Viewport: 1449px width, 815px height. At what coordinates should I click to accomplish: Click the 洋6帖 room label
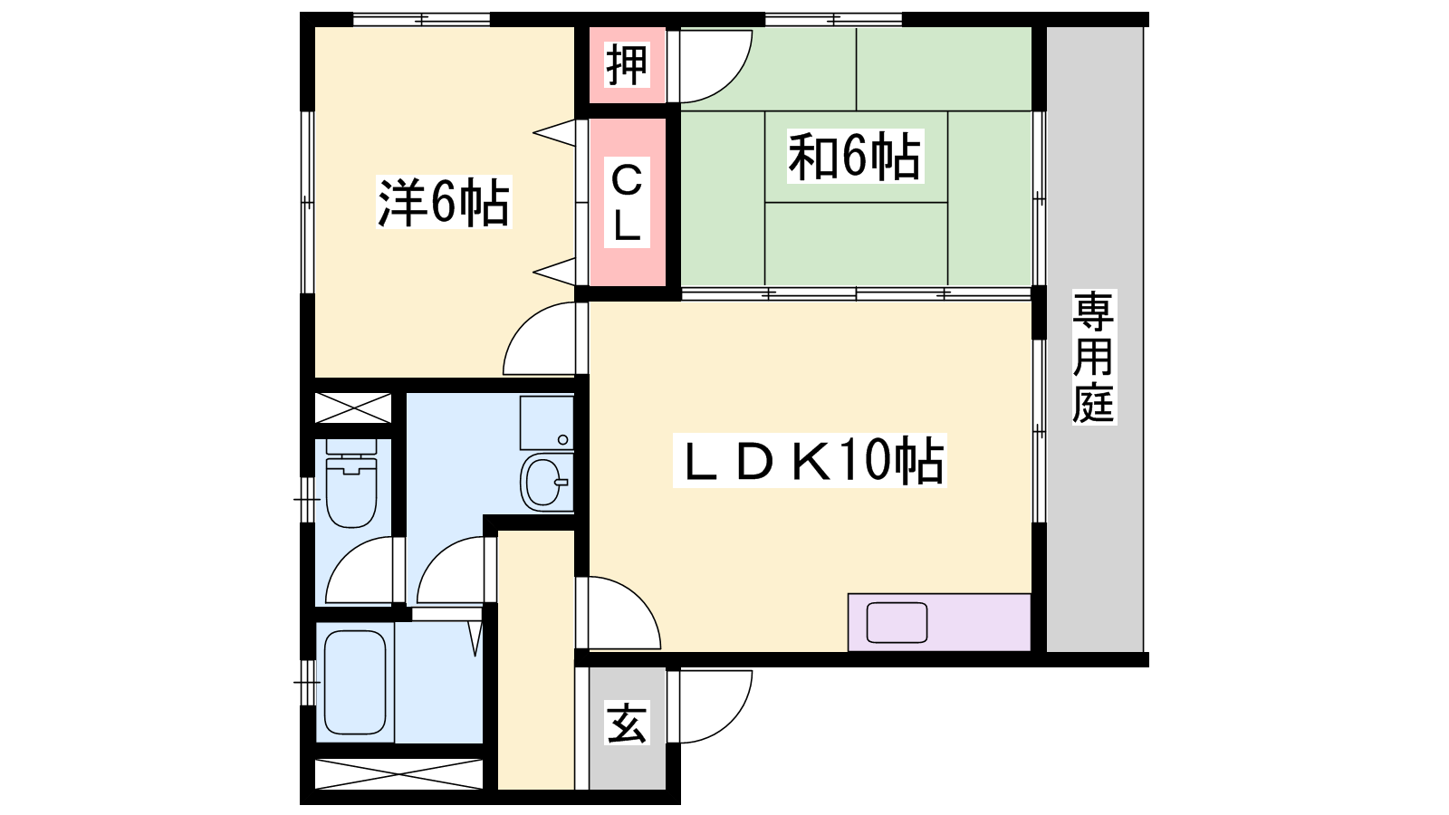pos(444,202)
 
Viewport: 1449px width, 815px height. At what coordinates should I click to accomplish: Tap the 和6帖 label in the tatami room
pos(855,156)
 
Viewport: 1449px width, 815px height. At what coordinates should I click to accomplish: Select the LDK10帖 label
pos(810,460)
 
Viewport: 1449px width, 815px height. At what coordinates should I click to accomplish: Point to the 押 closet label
pos(626,64)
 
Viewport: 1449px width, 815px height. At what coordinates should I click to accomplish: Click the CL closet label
pos(626,202)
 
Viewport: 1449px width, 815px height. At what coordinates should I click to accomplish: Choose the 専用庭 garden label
pos(1093,357)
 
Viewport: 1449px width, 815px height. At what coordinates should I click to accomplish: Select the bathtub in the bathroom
pos(355,683)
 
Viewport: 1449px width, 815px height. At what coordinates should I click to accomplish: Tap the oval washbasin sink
pos(547,482)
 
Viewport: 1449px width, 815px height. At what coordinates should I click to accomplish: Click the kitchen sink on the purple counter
pos(897,622)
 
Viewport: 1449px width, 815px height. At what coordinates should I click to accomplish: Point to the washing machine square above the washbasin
pos(547,423)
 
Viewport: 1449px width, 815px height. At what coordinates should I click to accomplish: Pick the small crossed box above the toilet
pos(353,407)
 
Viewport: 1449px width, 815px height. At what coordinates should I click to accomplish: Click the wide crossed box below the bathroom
pos(399,774)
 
